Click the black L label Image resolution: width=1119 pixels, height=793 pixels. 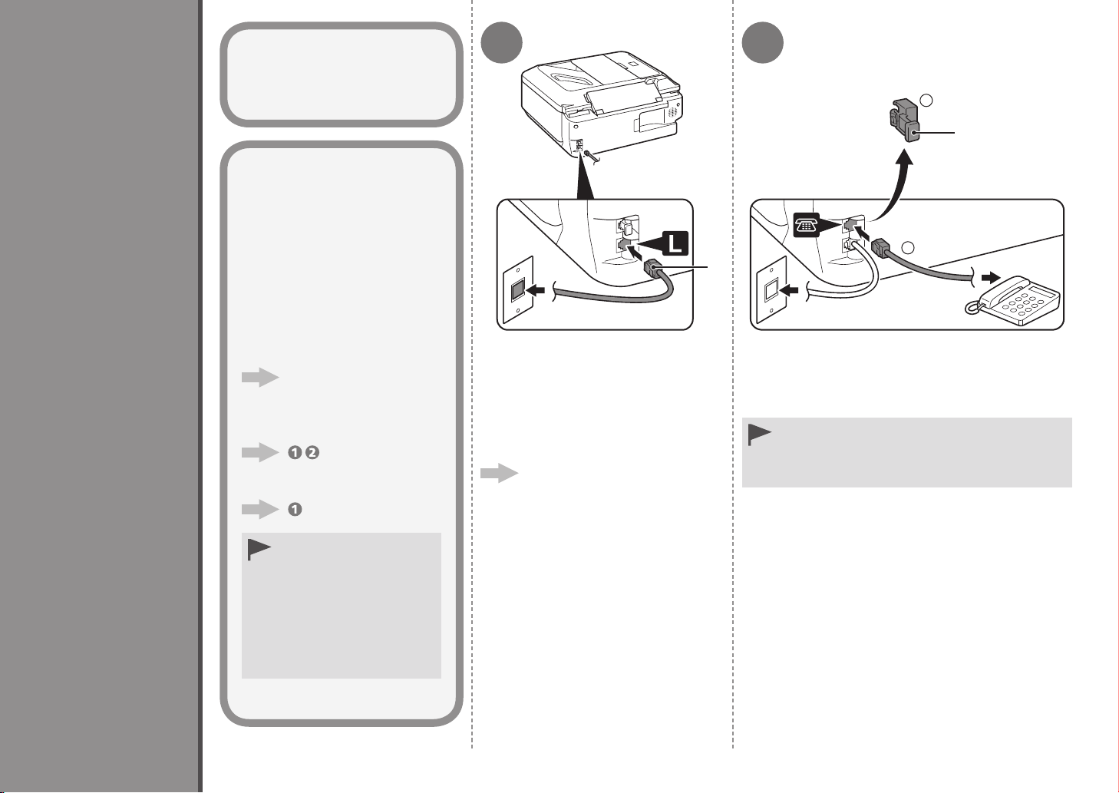(675, 243)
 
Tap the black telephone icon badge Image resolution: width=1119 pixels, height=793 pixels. (807, 226)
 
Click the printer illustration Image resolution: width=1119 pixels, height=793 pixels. (602, 106)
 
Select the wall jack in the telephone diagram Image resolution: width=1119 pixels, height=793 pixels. (772, 290)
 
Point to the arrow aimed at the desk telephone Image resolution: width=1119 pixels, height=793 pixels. (991, 277)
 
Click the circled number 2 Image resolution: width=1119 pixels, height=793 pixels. (312, 453)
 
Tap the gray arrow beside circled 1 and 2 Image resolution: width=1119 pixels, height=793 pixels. (260, 452)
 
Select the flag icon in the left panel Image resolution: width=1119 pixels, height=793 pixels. (259, 550)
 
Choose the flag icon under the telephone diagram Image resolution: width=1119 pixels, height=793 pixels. (759, 434)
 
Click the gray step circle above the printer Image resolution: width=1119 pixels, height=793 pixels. (501, 42)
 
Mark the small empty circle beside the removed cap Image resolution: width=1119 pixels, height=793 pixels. (926, 101)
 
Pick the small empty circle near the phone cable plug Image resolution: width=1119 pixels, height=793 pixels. (908, 247)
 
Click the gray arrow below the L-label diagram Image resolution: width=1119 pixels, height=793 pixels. (499, 473)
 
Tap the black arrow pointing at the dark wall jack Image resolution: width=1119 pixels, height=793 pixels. (535, 290)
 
